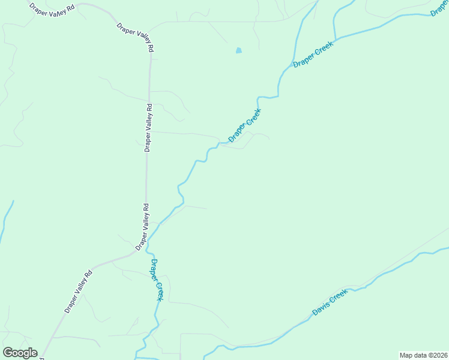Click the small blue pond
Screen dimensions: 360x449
[x=238, y=51]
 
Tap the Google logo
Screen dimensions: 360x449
[x=20, y=353]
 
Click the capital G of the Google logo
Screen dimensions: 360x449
[x=8, y=353]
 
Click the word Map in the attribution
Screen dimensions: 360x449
[x=406, y=355]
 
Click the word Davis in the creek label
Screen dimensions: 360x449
[x=321, y=308]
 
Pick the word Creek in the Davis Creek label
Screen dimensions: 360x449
[x=339, y=297]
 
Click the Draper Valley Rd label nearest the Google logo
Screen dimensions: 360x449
[x=79, y=292]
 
